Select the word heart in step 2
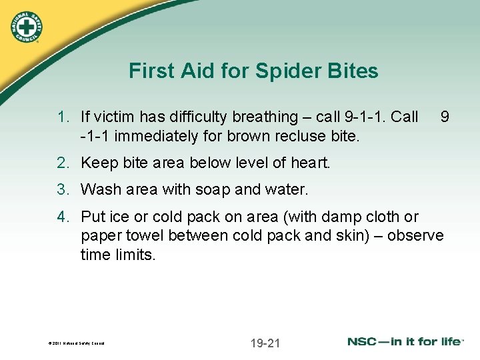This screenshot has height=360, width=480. coord(313,163)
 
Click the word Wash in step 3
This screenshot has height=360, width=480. coord(99,190)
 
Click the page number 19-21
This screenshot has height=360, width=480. coord(265,343)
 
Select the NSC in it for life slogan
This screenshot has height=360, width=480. coord(405,342)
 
